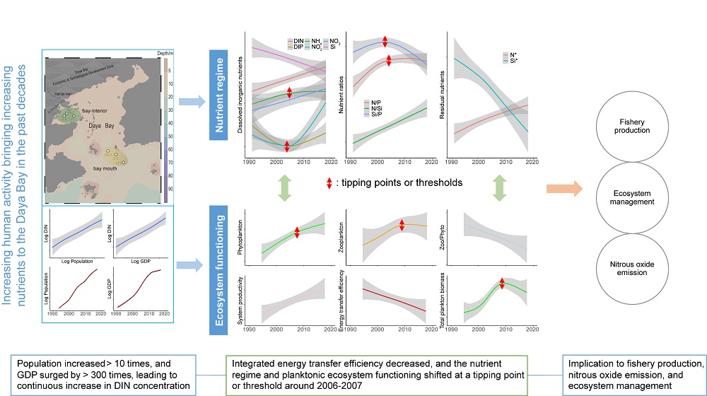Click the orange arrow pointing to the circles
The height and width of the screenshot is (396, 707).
click(x=564, y=189)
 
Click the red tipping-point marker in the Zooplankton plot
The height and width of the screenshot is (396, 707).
click(x=402, y=225)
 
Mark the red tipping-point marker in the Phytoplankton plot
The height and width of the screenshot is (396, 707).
click(x=297, y=232)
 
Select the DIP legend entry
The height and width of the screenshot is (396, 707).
click(x=298, y=49)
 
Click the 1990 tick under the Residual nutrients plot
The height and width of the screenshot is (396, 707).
click(x=453, y=162)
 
